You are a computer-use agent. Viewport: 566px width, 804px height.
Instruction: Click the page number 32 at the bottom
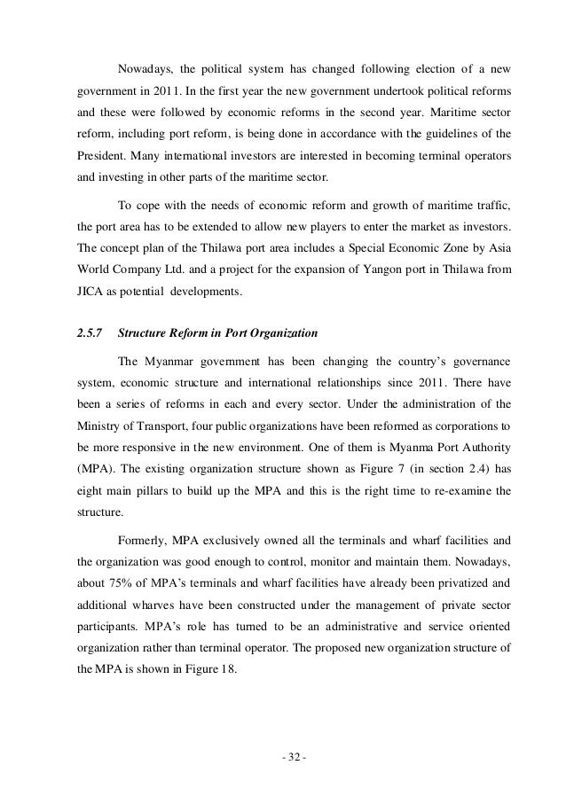tap(283, 761)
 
